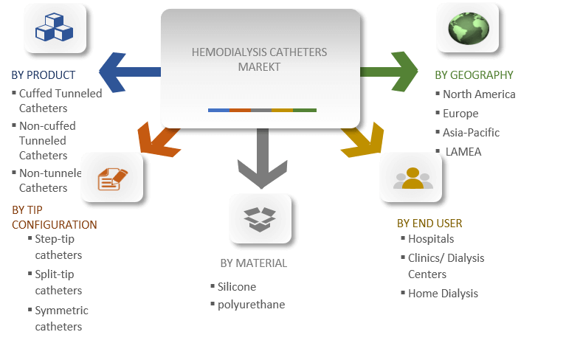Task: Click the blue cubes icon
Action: click(55, 28)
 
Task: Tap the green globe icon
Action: click(467, 27)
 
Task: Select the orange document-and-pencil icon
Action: click(112, 178)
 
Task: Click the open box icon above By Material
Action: click(260, 218)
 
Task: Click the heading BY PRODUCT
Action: click(44, 75)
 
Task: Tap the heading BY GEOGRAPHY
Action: click(474, 75)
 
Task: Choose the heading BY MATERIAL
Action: click(253, 263)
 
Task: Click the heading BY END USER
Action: click(429, 224)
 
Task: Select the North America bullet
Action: click(479, 94)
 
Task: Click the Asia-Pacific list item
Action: click(471, 133)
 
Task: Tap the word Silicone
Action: click(237, 286)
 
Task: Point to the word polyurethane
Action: click(251, 305)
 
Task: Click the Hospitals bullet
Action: click(431, 239)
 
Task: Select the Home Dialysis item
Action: click(443, 294)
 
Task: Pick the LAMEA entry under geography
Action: click(463, 152)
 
